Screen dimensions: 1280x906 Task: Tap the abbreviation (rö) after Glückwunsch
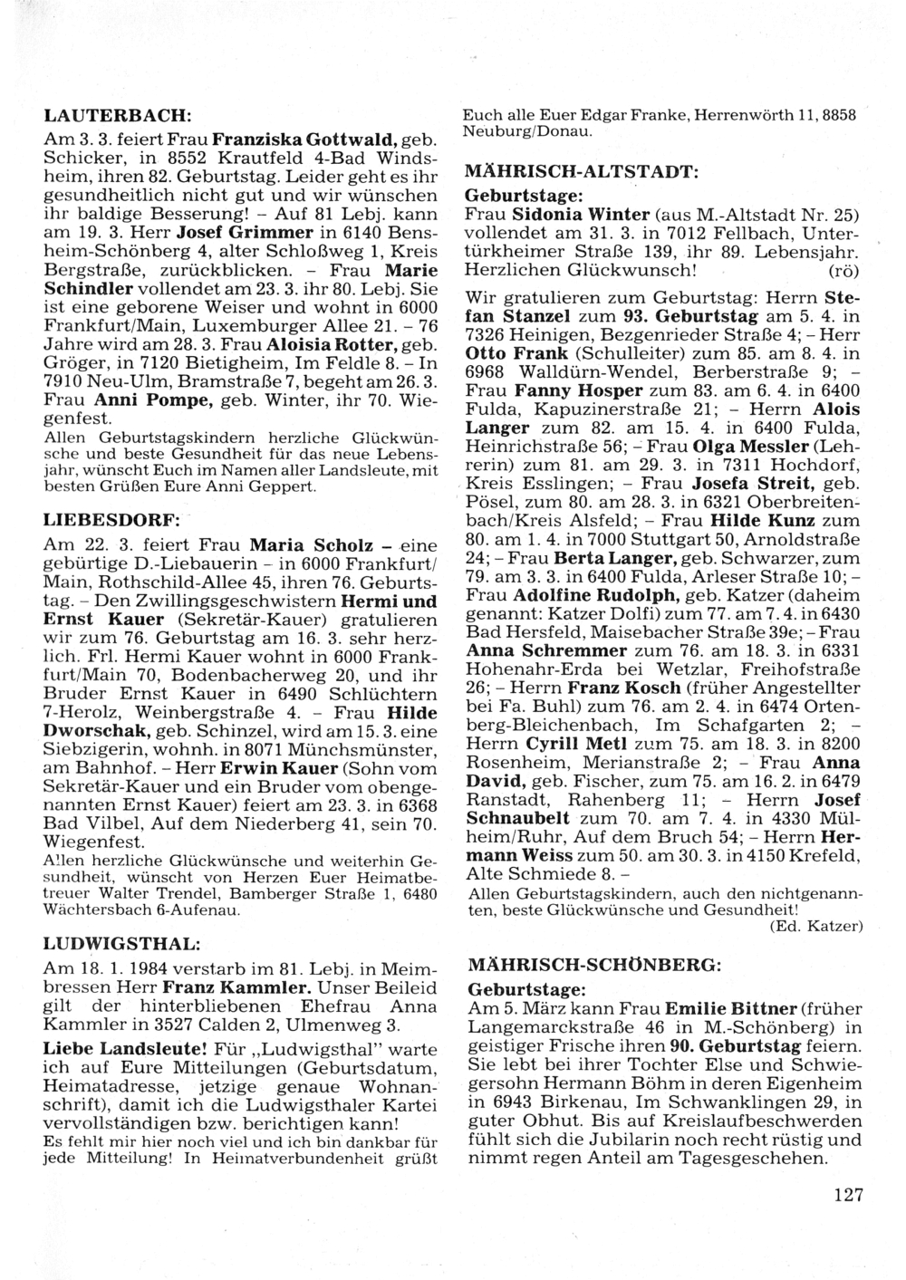click(x=844, y=270)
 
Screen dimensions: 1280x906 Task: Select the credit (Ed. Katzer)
click(x=814, y=926)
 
